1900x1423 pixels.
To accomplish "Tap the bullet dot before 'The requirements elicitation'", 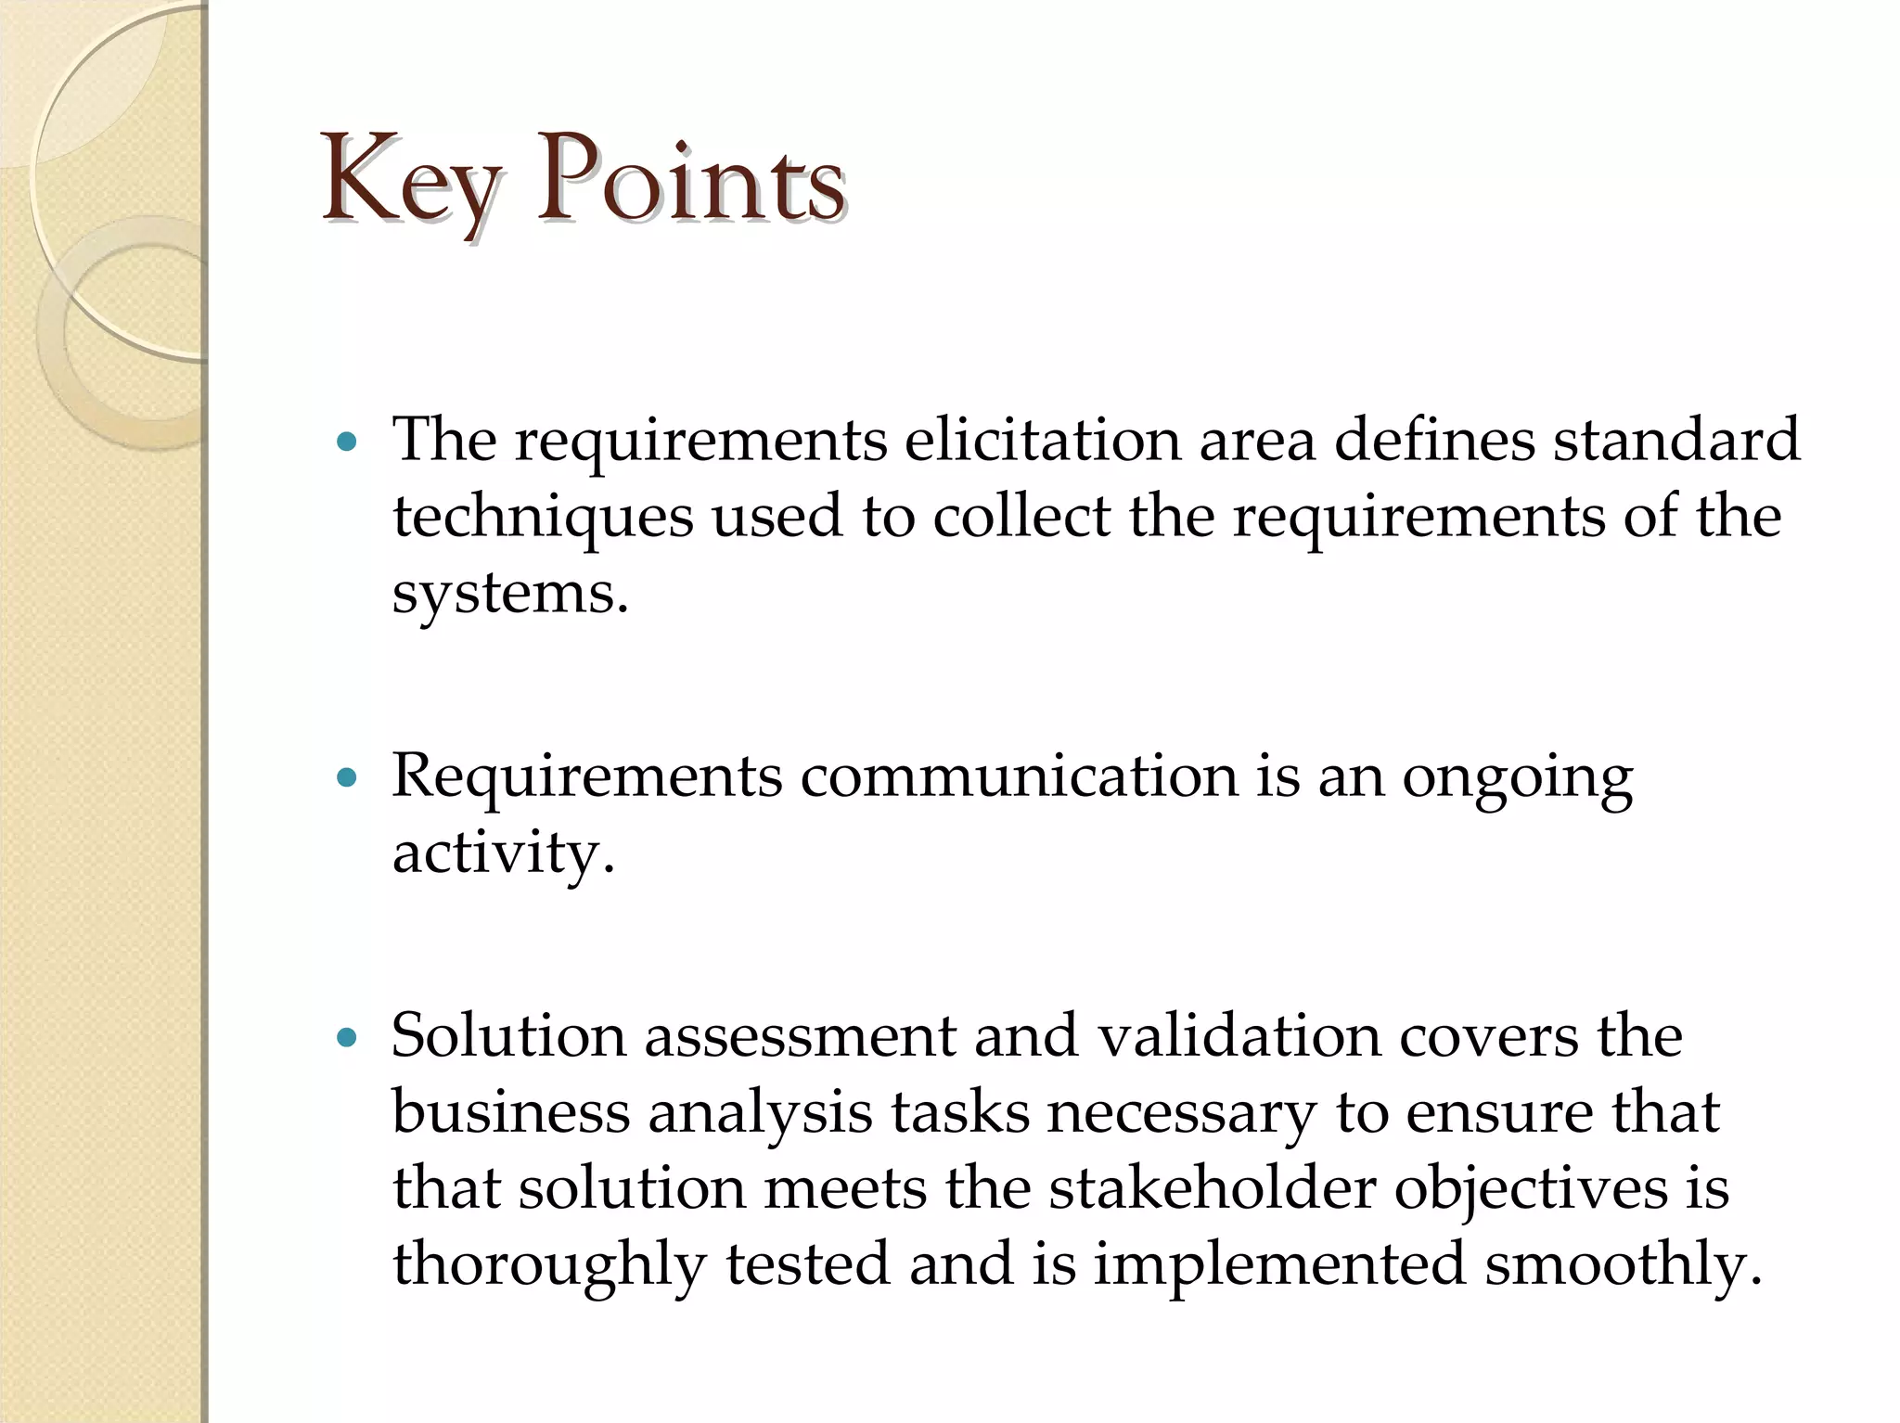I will click(347, 442).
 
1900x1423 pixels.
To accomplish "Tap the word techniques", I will click(543, 517).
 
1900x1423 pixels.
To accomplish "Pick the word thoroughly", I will click(548, 1265).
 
